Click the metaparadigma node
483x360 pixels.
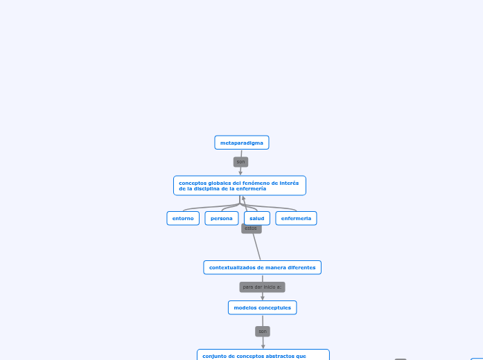click(241, 143)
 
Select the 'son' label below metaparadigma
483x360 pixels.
click(240, 162)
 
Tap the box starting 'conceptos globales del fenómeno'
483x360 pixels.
click(239, 186)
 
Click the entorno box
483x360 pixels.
click(183, 218)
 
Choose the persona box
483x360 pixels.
click(222, 218)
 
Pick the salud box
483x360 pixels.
click(257, 218)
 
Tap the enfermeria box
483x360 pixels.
click(296, 218)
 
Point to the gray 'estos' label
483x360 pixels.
click(251, 228)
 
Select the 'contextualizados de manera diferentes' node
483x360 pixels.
click(262, 267)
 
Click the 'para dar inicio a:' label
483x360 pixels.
click(262, 287)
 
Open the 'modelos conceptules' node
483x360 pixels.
click(262, 307)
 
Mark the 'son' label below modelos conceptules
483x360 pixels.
click(263, 331)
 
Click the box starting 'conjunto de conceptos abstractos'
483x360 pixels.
click(263, 355)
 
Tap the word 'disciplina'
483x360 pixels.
click(208, 188)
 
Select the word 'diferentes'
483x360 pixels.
click(299, 267)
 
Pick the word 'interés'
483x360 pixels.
click(289, 183)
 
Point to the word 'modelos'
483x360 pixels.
click(245, 307)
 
